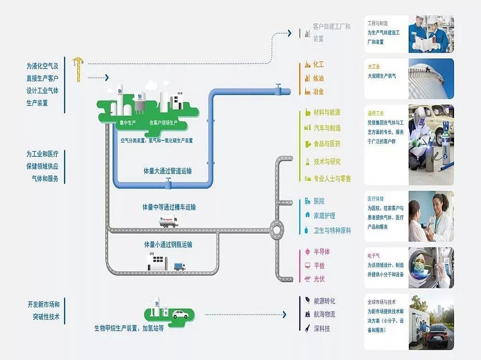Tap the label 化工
[x=318, y=64]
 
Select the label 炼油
[x=318, y=78]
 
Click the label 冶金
[x=318, y=91]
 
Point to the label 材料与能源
[x=327, y=113]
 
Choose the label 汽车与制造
[x=327, y=128]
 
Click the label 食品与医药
[x=327, y=144]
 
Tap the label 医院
[x=318, y=201]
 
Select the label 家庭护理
[x=324, y=216]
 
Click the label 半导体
[x=321, y=252]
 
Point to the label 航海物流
[x=324, y=314]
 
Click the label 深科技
[x=321, y=329]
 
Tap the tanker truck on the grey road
[x=168, y=222]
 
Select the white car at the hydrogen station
[x=180, y=314]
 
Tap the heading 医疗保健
[x=376, y=199]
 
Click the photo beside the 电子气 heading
[x=430, y=267]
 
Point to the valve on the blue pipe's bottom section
[x=167, y=182]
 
